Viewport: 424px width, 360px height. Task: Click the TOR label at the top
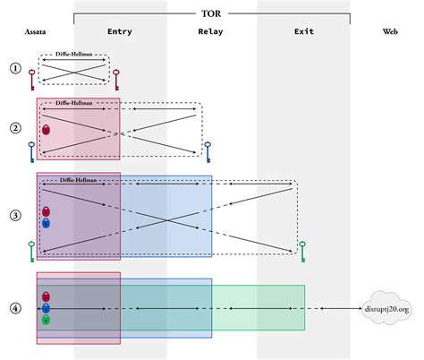[212, 13]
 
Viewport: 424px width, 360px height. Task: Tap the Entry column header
[119, 33]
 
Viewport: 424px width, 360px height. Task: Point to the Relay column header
[210, 33]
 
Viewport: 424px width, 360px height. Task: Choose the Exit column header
[303, 33]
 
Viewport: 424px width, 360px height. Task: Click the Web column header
[390, 33]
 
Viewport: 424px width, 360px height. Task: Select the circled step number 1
[14, 68]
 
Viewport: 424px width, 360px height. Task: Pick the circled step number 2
[14, 127]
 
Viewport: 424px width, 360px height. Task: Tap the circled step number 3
[14, 216]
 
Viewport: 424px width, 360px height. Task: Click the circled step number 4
[14, 309]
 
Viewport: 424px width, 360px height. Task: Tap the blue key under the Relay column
[208, 151]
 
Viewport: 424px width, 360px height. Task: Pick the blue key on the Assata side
[30, 151]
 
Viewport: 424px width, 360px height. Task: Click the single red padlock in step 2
[46, 130]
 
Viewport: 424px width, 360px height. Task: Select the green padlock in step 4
[46, 320]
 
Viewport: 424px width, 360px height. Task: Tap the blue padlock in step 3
[46, 223]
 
